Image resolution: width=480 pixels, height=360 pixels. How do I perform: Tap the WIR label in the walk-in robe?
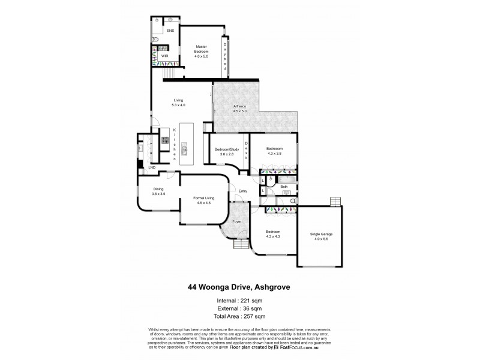coord(164,56)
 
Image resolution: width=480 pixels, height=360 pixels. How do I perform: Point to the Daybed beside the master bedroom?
coord(226,56)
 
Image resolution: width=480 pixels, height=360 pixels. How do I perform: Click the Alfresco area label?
coord(240,109)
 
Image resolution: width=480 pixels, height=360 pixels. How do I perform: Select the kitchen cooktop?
coord(164,142)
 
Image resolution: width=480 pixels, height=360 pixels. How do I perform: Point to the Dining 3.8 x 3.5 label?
coord(157,193)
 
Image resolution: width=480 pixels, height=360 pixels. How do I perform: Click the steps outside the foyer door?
coord(239,246)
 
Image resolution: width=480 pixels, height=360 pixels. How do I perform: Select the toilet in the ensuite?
coord(155,40)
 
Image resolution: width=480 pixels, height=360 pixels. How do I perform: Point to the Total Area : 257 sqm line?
coord(239,316)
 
